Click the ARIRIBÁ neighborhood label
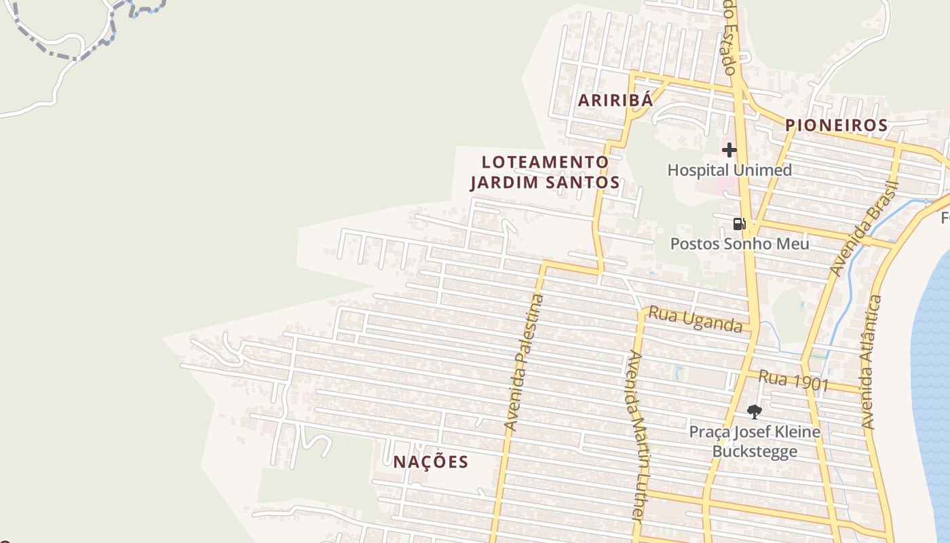pos(615,100)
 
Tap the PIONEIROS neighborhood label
pos(836,126)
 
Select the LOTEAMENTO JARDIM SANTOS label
pos(545,172)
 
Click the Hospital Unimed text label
pos(729,170)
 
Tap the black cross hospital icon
pos(729,149)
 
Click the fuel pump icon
pos(739,223)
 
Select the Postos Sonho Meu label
pos(740,244)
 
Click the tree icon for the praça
pos(754,411)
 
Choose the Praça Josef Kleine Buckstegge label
pos(755,442)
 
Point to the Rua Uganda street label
pos(695,319)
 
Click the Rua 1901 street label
pos(793,380)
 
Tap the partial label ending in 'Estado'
pos(728,37)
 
